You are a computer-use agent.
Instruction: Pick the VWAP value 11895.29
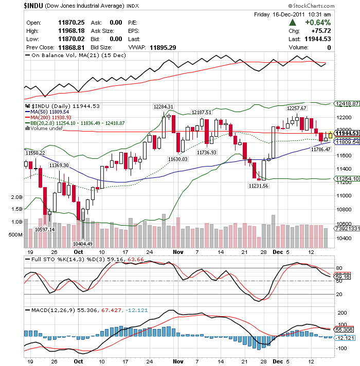click(163, 47)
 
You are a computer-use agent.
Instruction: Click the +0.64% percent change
click(317, 23)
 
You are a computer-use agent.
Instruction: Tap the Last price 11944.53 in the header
click(317, 39)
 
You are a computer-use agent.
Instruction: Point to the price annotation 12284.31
click(164, 106)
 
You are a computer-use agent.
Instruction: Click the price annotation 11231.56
click(258, 186)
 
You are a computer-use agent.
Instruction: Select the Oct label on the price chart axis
click(78, 252)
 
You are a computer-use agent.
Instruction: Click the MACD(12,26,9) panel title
click(51, 310)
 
